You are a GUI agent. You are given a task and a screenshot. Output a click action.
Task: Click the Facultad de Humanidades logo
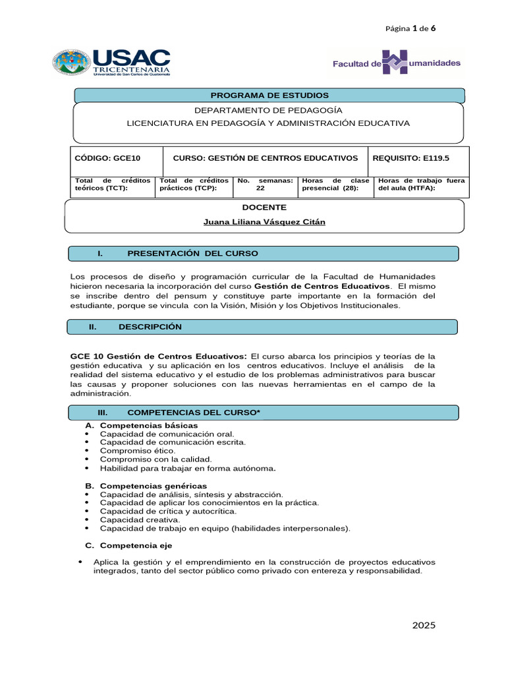pos(396,63)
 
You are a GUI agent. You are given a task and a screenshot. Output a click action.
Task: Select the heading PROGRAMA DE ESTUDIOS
pos(269,96)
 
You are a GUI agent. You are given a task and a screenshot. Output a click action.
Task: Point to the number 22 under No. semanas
pos(260,188)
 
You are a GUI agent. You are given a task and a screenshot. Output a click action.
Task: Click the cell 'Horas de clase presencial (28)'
pos(335,184)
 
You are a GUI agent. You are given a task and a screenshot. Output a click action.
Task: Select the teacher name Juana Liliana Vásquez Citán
pos(264,222)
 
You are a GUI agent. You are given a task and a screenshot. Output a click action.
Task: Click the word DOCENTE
pos(264,207)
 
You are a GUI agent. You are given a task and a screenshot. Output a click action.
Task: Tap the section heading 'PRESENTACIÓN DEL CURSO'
pos(192,253)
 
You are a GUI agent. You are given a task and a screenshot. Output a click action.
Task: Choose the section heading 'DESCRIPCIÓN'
pos(150,326)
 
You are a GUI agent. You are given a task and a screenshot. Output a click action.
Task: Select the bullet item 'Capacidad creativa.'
pos(130,519)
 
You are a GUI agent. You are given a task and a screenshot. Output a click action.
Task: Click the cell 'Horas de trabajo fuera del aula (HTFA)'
pos(420,184)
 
